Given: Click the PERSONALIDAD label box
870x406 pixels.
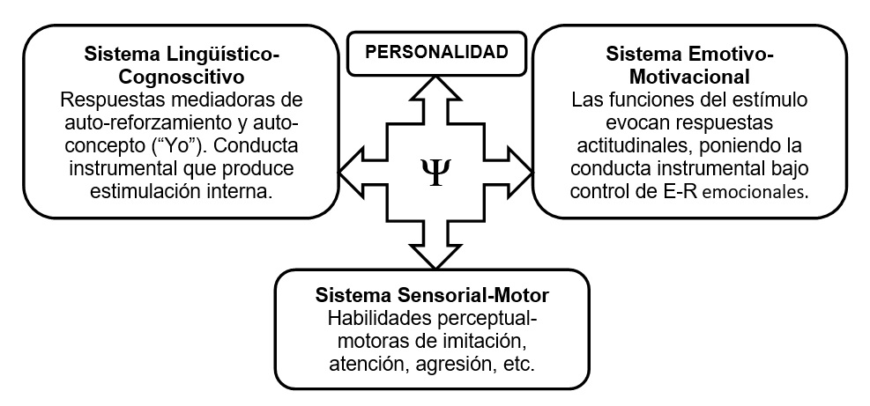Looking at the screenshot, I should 436,51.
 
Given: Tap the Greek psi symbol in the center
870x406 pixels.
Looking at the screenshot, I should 436,166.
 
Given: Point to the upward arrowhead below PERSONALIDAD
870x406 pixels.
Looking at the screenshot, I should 436,91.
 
